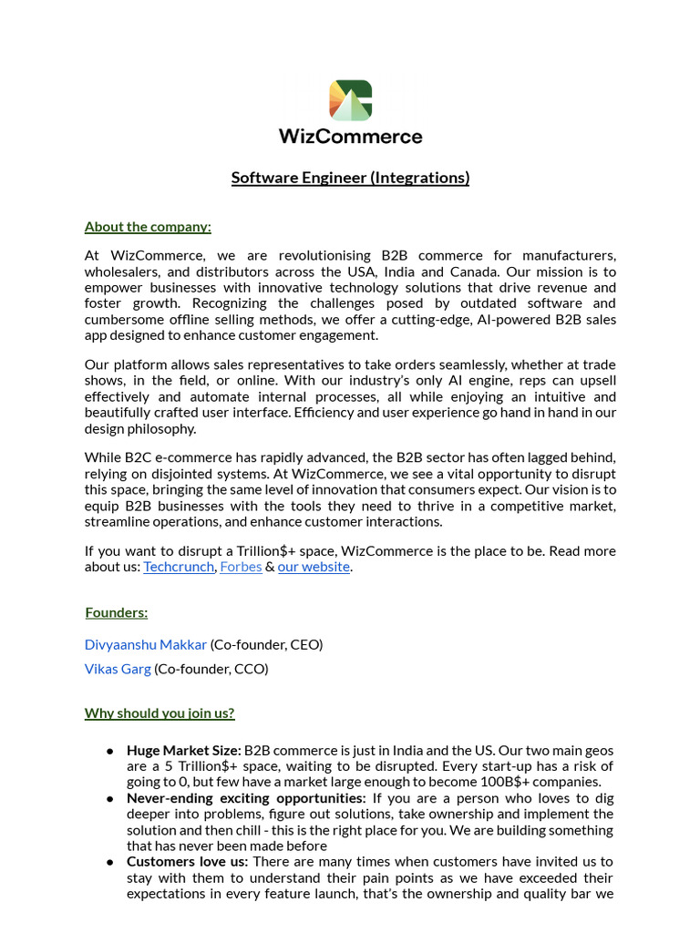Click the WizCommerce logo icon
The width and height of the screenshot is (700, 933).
click(350, 100)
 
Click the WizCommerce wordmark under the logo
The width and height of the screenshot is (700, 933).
click(350, 137)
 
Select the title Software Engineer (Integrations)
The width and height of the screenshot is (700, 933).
click(350, 178)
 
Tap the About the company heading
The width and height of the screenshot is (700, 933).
click(148, 227)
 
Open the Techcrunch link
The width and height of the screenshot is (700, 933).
click(178, 567)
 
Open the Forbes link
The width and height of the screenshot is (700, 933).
click(241, 567)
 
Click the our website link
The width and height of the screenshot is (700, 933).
click(314, 567)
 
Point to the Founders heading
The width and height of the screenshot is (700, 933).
click(117, 613)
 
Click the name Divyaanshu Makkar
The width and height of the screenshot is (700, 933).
click(146, 645)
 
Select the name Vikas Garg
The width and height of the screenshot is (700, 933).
click(118, 669)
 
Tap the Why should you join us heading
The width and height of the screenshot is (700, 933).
click(160, 713)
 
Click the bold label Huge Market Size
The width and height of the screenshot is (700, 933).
click(184, 751)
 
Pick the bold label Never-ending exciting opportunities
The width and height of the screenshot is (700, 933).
click(246, 798)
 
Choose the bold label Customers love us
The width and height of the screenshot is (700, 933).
click(188, 862)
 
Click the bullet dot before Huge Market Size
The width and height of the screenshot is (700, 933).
click(109, 752)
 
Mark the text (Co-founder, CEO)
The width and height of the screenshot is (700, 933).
click(266, 645)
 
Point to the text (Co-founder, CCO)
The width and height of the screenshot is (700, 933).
click(211, 669)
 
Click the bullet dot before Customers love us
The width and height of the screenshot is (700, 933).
click(109, 862)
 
